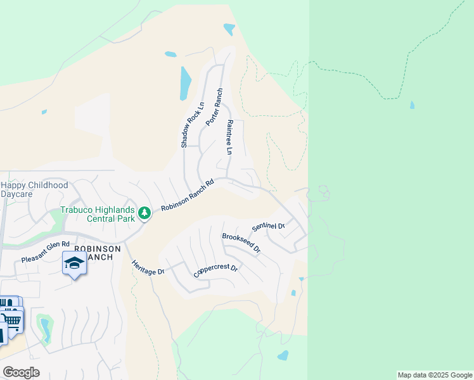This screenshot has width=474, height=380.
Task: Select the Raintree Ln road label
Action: pos(229,137)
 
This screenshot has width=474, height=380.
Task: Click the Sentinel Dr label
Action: pos(269,226)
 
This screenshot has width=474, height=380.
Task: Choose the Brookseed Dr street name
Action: pos(241,243)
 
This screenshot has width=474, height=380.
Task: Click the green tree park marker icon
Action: pos(144,213)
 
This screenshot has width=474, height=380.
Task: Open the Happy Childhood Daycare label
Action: pos(34,190)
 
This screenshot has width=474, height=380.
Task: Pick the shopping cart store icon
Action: pos(13,321)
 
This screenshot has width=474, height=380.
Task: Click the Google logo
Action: pos(22,372)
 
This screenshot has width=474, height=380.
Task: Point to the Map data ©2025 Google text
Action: pos(434,375)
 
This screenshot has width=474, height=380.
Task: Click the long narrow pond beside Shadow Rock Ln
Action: pos(185,83)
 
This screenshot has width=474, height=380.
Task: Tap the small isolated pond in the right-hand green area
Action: pos(413,105)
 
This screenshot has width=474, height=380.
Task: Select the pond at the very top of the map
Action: pos(229,29)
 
